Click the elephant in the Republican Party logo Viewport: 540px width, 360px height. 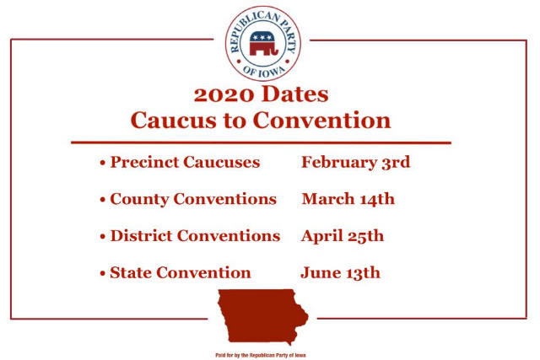click(263, 43)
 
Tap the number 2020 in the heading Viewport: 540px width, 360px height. click(224, 94)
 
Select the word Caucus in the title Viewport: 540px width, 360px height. click(174, 120)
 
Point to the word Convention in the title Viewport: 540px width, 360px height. click(322, 120)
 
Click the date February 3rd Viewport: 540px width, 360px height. click(356, 163)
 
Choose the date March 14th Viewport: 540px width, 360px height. click(348, 199)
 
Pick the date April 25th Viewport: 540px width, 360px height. click(343, 236)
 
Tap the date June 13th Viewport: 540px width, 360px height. click(341, 273)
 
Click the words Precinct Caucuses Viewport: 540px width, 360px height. click(185, 162)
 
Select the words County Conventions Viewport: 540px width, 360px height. click(193, 199)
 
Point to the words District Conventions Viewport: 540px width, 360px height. click(195, 236)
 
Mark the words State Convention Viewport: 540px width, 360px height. click(181, 272)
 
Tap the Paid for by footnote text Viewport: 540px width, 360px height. click(261, 355)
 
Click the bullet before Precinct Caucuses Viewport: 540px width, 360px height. click(103, 163)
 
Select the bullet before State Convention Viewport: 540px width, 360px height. click(103, 274)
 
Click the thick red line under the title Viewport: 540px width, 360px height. click(261, 142)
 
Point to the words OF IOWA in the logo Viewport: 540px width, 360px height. click(264, 70)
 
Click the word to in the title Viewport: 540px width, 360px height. click(235, 121)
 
